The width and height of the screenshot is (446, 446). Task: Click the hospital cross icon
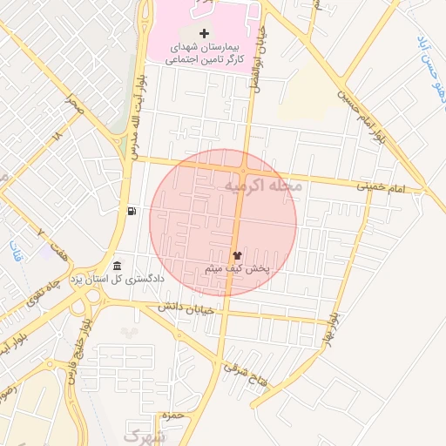click(205, 33)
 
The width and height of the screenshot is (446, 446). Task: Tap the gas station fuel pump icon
click(131, 211)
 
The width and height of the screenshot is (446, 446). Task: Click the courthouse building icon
click(118, 266)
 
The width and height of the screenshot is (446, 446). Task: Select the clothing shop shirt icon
click(236, 256)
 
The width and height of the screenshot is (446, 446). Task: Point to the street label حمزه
click(174, 416)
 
